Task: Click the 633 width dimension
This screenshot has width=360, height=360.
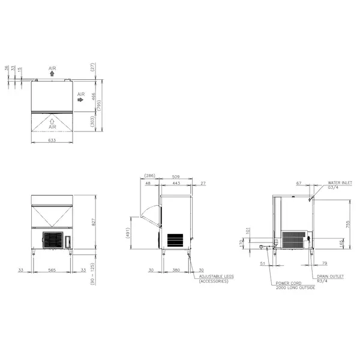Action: pos(52,140)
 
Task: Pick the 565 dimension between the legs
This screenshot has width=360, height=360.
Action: pos(52,270)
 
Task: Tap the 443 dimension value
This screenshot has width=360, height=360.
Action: pos(175,183)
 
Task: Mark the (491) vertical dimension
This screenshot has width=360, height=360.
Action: pos(128,233)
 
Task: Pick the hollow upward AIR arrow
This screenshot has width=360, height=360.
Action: pos(52,120)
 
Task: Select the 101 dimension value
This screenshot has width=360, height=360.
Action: pos(247,229)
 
